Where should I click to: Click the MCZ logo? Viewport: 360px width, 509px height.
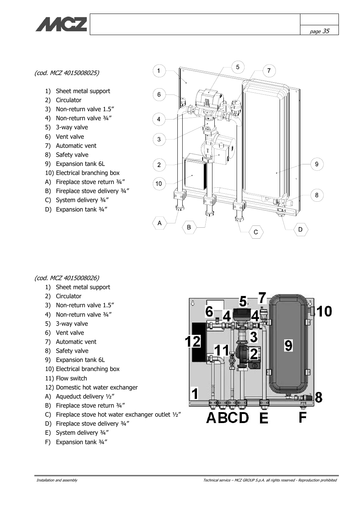point(61,24)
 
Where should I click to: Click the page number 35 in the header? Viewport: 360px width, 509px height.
point(326,31)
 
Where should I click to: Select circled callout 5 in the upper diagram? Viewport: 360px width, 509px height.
point(238,67)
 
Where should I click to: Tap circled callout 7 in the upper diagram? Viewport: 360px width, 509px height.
point(269,71)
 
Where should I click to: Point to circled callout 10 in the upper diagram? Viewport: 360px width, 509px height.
point(159,183)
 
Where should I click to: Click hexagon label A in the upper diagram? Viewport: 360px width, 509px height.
point(159,223)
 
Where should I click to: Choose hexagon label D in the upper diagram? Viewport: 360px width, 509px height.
point(300,230)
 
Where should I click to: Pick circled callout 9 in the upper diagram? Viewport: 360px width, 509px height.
point(317,164)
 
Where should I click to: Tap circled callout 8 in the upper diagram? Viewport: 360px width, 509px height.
point(317,195)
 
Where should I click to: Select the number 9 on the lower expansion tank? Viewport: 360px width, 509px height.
point(288,345)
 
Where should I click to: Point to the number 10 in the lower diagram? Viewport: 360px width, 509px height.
point(324,311)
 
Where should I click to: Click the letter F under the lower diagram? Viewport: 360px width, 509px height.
point(303,417)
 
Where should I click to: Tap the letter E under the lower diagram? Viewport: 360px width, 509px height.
point(263,418)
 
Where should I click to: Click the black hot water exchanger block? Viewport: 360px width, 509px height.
point(199,342)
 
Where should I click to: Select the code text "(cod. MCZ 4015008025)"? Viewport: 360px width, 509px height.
point(67,73)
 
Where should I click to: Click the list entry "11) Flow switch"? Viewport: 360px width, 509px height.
point(66,378)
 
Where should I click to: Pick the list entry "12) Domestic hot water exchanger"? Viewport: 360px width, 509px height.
point(91,388)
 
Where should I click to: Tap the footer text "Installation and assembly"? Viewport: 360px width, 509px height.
point(57,480)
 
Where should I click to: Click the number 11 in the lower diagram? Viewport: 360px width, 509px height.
point(222,350)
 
